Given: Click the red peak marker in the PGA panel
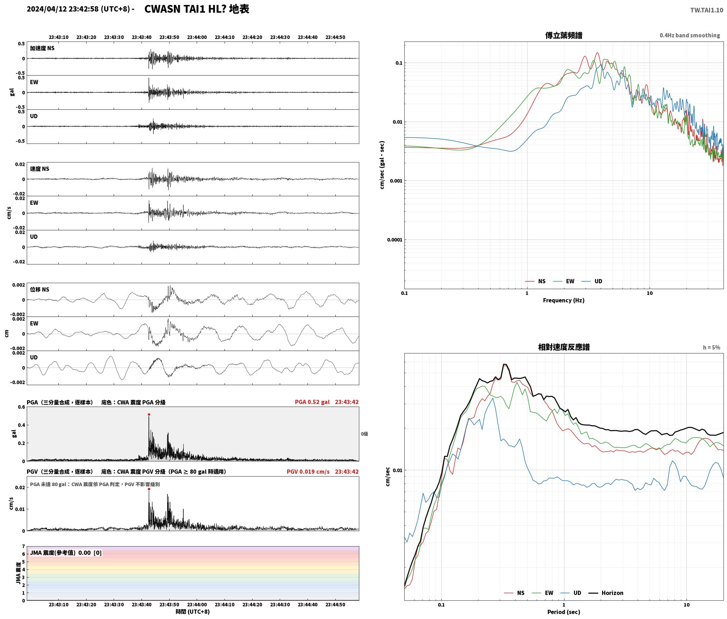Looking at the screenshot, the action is [x=149, y=415].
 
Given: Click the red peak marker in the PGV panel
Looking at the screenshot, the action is [x=149, y=489].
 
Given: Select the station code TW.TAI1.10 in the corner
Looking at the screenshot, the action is [x=707, y=10].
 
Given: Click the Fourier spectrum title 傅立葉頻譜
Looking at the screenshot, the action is [x=564, y=36].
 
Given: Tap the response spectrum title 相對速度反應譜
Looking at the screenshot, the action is [x=564, y=347].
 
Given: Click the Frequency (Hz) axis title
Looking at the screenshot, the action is [x=564, y=300].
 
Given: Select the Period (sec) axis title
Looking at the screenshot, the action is [x=564, y=612].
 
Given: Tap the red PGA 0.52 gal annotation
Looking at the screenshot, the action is [x=312, y=402].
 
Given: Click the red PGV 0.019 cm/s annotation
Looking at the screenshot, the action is [x=308, y=472].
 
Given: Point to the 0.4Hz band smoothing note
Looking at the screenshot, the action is [x=690, y=36].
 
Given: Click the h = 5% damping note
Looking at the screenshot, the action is [x=712, y=347].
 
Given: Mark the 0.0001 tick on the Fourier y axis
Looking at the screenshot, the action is [x=394, y=240].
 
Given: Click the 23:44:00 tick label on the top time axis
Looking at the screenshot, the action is [x=197, y=37].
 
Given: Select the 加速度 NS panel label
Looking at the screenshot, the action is [x=42, y=48].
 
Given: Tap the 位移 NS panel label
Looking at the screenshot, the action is [x=40, y=289].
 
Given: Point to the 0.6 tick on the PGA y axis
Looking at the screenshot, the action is [x=21, y=407].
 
